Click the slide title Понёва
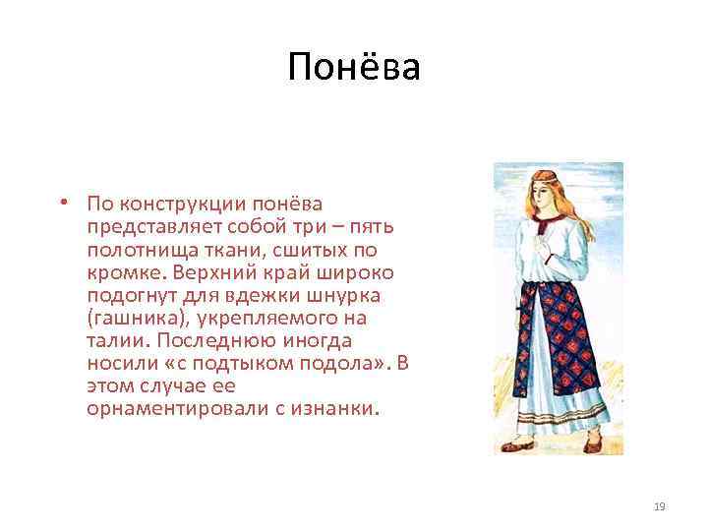[x=354, y=68]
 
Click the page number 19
[x=659, y=506]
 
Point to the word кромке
[x=117, y=272]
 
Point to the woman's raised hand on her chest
[x=540, y=234]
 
